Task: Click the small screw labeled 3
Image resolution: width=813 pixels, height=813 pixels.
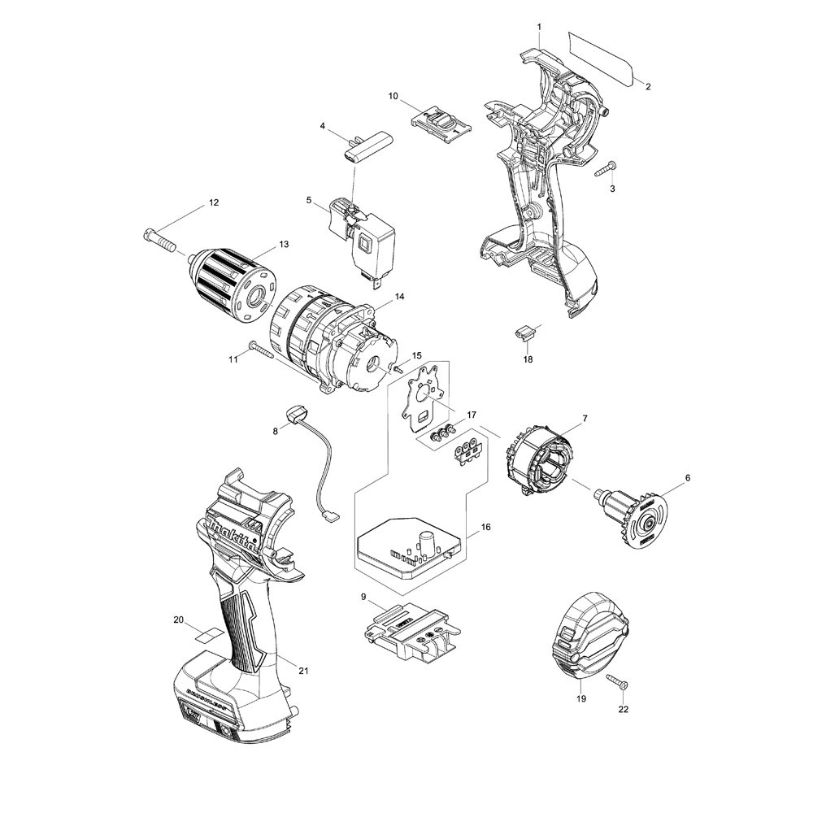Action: point(604,171)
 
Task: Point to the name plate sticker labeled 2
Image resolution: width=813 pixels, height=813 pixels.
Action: point(602,57)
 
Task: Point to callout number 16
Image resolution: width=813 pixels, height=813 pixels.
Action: point(485,528)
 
